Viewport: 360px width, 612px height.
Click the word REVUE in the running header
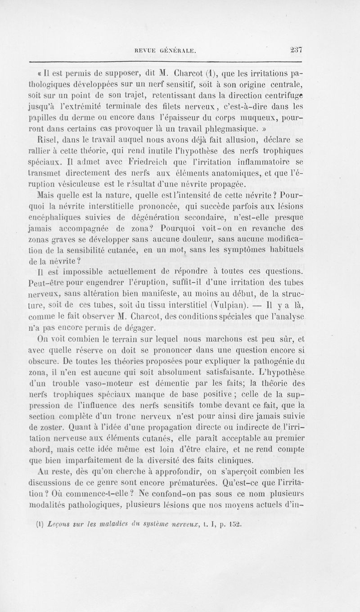coord(139,52)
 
